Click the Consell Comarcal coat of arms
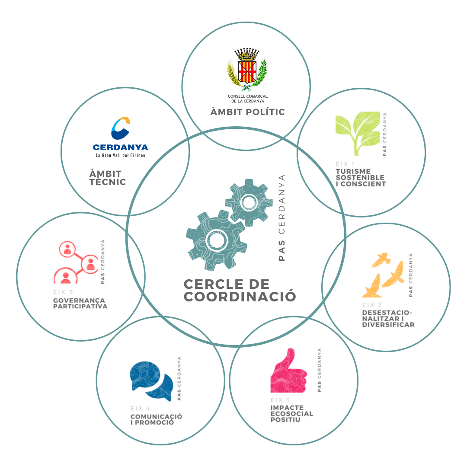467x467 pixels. click(247, 68)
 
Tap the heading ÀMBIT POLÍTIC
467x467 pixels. click(247, 112)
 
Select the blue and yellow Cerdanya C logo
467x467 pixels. click(120, 128)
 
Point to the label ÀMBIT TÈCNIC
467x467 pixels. click(108, 178)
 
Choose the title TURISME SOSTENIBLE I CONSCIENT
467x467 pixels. click(360, 178)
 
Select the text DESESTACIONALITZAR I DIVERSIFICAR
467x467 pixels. click(388, 319)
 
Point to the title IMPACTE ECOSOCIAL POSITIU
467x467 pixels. click(291, 413)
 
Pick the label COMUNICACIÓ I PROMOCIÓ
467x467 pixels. click(156, 419)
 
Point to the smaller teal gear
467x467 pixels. click(249, 202)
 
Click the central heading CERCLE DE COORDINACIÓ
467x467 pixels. click(240, 290)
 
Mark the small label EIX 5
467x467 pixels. click(63, 293)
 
